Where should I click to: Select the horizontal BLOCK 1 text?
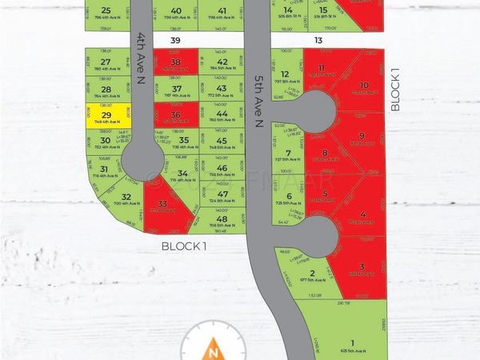(185, 246)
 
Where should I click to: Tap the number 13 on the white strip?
(318, 39)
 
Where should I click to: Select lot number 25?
(106, 10)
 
